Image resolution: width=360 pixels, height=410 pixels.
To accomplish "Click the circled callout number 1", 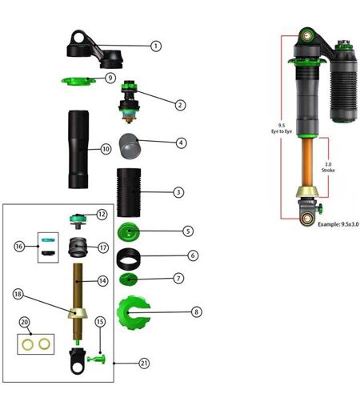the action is pos(156,46).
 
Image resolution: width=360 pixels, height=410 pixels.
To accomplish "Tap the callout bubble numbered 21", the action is pos(144,364).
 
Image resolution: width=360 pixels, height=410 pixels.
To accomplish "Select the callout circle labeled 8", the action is pos(196,312).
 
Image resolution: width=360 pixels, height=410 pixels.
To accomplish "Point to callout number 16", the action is pos(19,246).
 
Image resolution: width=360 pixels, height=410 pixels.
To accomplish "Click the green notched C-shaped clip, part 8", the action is pos(134,312).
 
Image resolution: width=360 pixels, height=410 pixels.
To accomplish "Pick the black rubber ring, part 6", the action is pos(128,259).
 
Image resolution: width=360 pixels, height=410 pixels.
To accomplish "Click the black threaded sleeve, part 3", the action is pos(129,192).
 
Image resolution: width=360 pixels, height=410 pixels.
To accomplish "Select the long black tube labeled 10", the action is pos(78,150).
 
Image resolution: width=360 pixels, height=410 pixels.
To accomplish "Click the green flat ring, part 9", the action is pos(78,81).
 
